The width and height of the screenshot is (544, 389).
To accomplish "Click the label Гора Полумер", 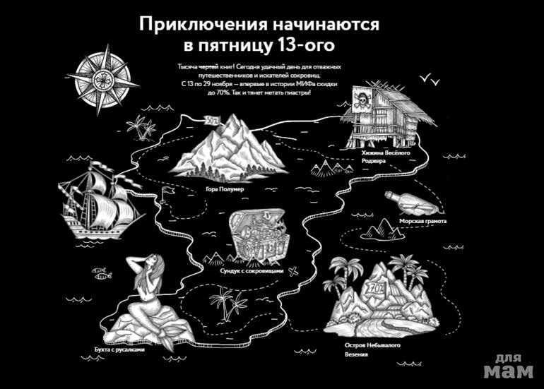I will coord(225,189).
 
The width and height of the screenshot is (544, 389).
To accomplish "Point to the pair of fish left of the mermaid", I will coord(100,271).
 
